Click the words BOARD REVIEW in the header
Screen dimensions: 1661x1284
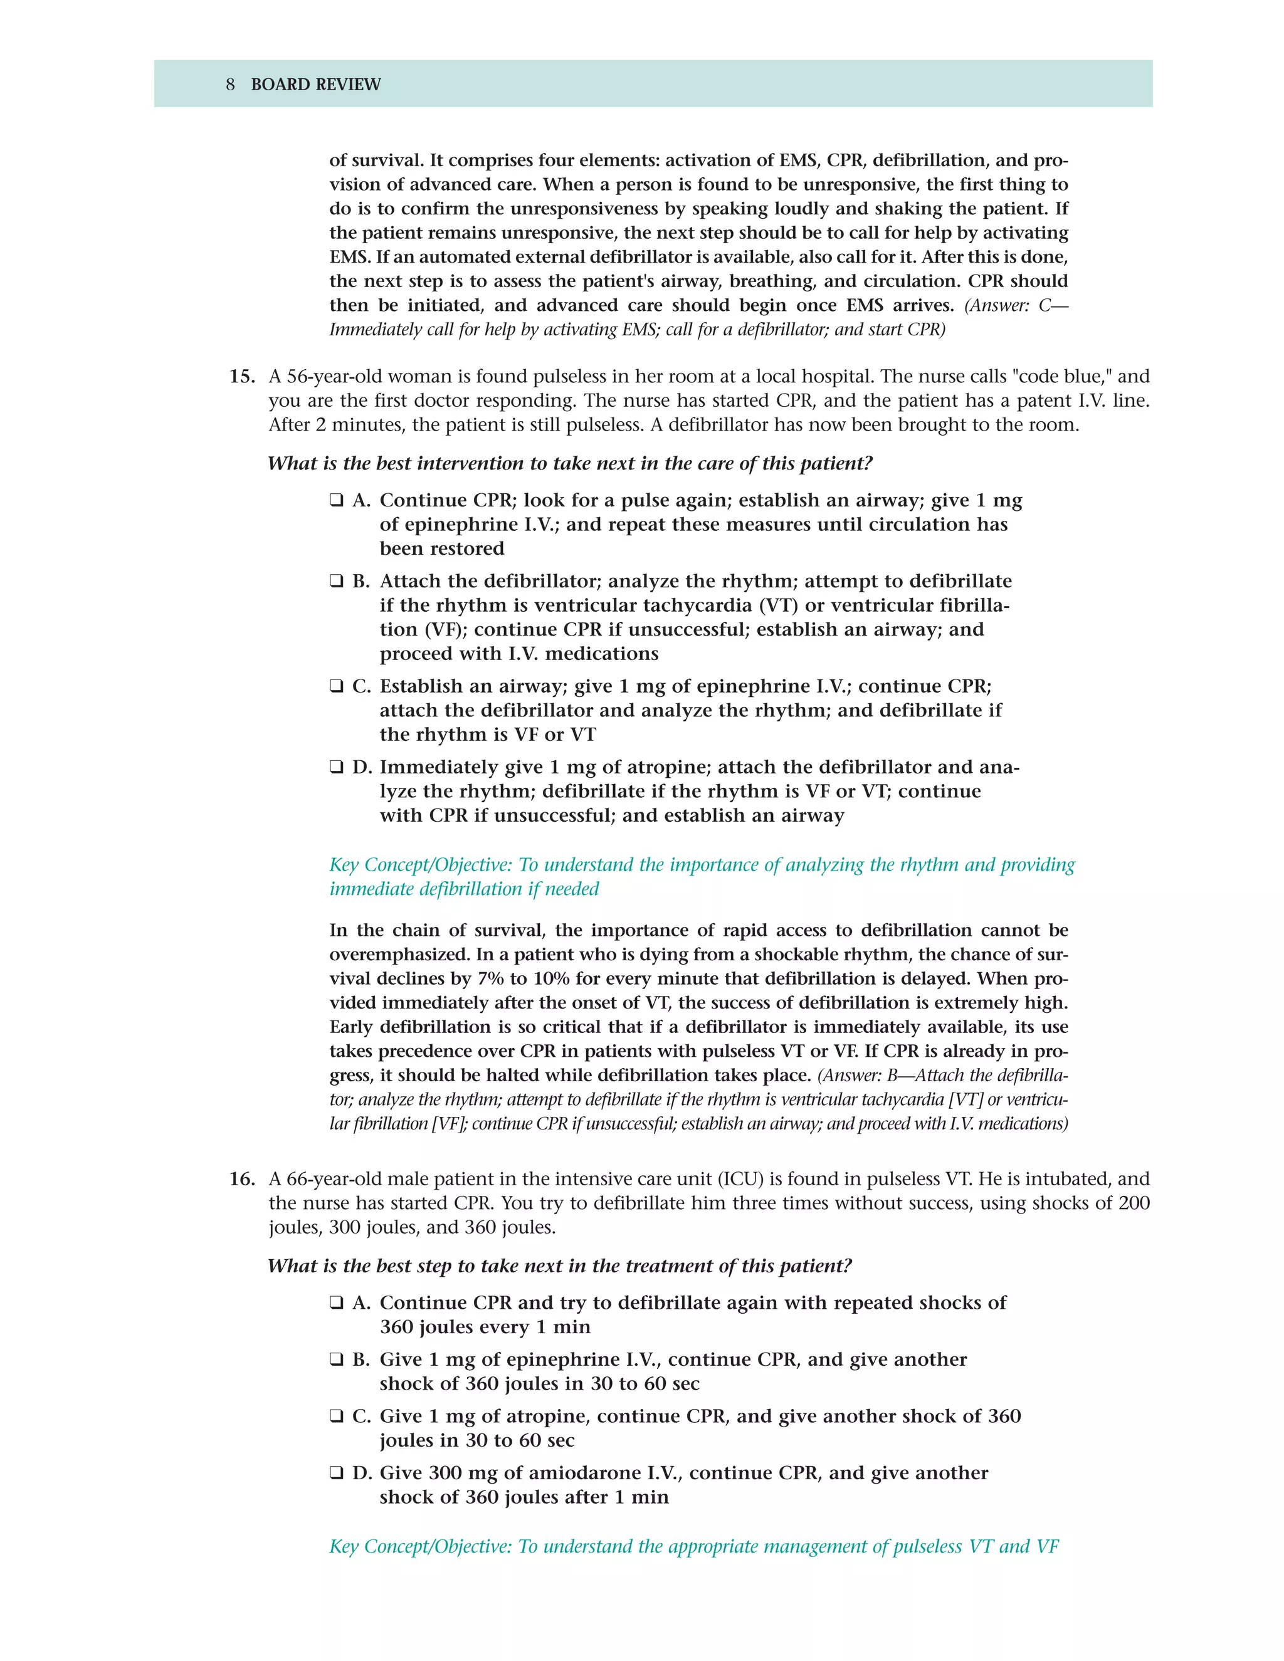click(316, 85)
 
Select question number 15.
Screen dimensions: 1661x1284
click(241, 377)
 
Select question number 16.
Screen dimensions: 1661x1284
click(241, 1179)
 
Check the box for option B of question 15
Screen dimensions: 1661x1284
click(336, 581)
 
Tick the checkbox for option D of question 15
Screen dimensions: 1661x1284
click(336, 767)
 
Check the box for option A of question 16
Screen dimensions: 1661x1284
click(336, 1303)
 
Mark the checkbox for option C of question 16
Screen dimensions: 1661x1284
click(336, 1416)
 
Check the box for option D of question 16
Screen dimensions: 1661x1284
click(336, 1473)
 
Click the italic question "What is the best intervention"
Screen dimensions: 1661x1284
click(570, 463)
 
